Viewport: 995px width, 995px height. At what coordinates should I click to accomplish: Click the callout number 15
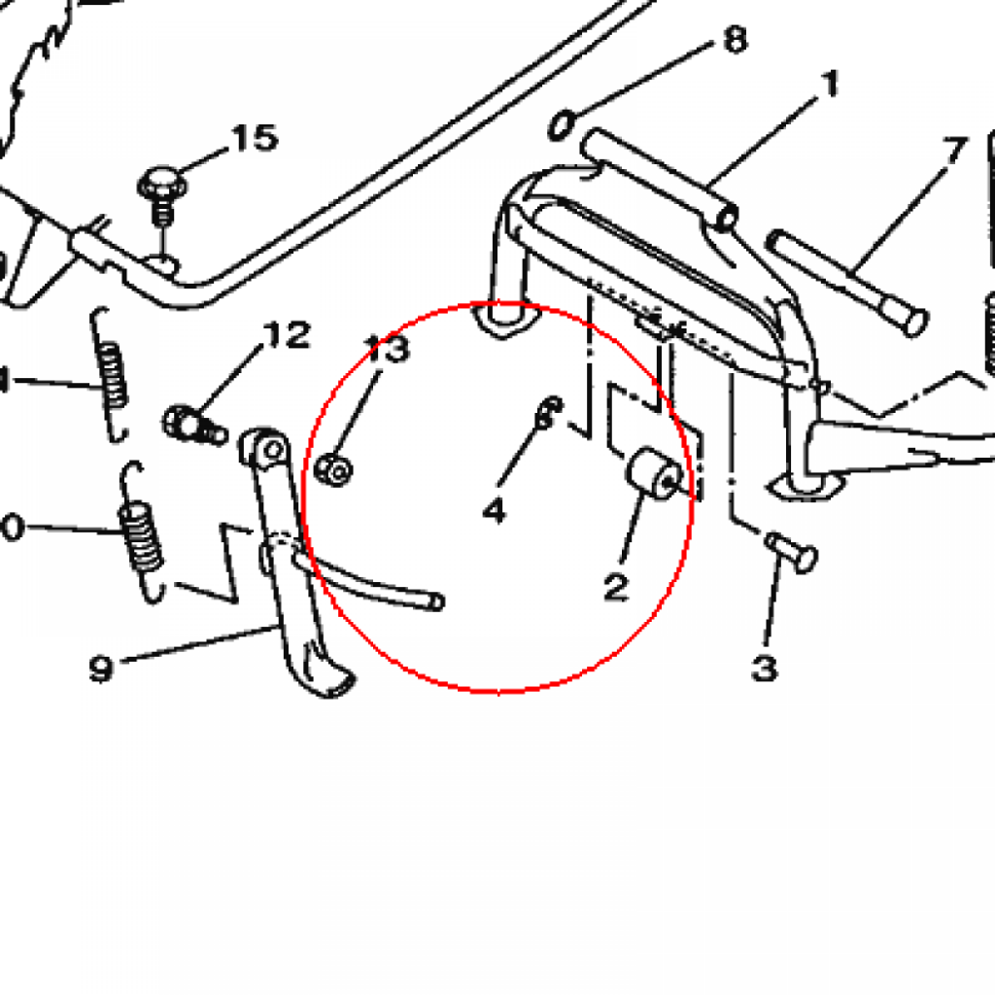(x=254, y=138)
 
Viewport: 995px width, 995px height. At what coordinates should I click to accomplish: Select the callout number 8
(x=734, y=41)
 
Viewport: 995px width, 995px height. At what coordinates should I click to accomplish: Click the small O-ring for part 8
(x=562, y=124)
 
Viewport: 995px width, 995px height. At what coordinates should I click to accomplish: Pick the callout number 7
(x=954, y=151)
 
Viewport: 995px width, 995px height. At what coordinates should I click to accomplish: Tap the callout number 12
(x=286, y=336)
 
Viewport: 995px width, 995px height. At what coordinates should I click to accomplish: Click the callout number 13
(x=387, y=349)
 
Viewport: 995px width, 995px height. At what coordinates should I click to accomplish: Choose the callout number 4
(x=495, y=508)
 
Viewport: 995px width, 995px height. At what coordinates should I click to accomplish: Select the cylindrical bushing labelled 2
(x=652, y=474)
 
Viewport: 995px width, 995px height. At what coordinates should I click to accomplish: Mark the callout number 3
(x=764, y=668)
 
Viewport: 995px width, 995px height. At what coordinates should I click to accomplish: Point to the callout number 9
(x=102, y=669)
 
